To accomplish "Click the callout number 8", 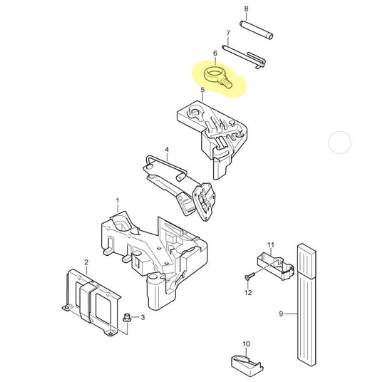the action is [246, 9].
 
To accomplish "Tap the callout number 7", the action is [228, 33].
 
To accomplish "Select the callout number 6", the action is [215, 53].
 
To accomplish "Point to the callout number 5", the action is [202, 90].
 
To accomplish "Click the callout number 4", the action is [167, 150].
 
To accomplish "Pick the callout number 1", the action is [118, 201].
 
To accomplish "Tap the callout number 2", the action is [86, 262].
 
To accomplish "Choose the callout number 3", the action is [143, 317].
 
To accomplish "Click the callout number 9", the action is [281, 314].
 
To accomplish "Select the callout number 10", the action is [246, 344].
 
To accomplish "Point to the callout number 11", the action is [271, 244].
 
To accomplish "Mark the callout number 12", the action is [248, 292].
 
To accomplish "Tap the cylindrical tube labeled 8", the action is [256, 30].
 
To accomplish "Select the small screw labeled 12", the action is [250, 276].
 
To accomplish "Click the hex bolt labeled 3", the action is [127, 318].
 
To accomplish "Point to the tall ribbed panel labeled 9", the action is [307, 305].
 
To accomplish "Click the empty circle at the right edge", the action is [340, 143].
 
